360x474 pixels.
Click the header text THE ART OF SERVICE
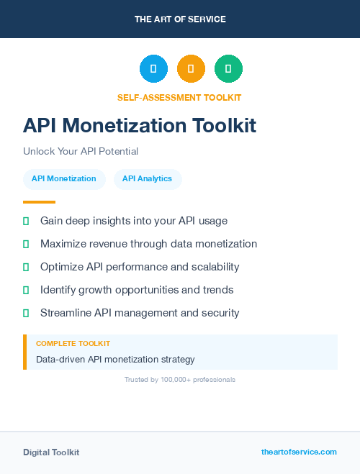[180, 19]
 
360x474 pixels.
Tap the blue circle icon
[153, 68]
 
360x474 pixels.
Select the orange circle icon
[191, 68]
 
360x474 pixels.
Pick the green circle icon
[228, 68]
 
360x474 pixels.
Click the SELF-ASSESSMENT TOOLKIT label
[179, 97]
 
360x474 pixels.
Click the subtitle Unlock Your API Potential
[81, 152]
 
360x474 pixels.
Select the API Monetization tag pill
[64, 178]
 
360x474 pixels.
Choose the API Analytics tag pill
[147, 178]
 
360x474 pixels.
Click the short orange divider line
[39, 202]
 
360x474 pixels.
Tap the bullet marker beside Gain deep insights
[26, 221]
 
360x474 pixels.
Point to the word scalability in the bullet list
[213, 267]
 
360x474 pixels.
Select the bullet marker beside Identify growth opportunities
[26, 290]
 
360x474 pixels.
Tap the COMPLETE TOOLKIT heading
[73, 344]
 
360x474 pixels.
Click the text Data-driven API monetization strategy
[115, 359]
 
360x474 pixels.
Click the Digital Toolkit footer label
[51, 452]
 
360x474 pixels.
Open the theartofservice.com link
[299, 452]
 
